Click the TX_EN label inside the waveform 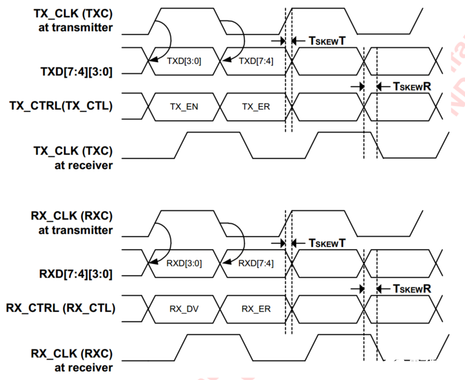click(184, 105)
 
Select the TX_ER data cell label click(256, 105)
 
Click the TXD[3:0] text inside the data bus click(184, 60)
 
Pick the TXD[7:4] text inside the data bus click(256, 60)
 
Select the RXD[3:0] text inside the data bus click(184, 262)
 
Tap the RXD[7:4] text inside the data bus click(256, 262)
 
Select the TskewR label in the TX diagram click(412, 87)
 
